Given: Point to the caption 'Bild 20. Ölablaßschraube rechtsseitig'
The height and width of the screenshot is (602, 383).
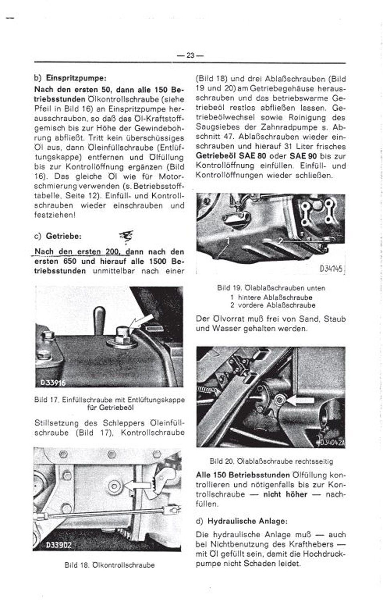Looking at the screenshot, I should [271, 461].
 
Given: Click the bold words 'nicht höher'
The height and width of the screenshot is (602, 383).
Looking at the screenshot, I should [285, 494].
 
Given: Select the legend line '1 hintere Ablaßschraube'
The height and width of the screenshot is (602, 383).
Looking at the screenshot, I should [271, 297].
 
